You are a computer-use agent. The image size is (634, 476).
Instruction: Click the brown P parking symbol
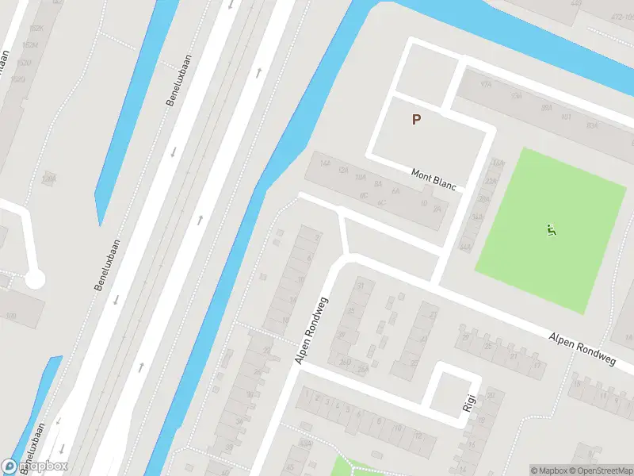(x=415, y=120)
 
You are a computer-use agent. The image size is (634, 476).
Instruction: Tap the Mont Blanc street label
(x=434, y=178)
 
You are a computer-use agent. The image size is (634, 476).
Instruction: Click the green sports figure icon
(x=552, y=231)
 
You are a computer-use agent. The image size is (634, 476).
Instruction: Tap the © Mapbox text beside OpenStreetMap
(x=548, y=470)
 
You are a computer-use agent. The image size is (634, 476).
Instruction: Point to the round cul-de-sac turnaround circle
(x=34, y=279)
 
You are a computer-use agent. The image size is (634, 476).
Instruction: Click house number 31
(x=362, y=286)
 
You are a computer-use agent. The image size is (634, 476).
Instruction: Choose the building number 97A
(x=487, y=84)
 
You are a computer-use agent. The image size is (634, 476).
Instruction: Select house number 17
(x=538, y=367)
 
